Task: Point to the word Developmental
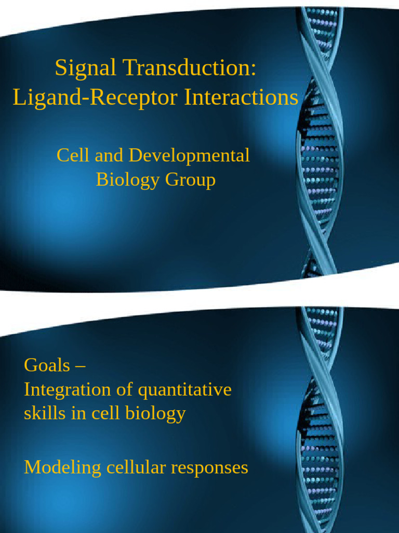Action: (x=189, y=155)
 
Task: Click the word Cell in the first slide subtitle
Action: (x=70, y=155)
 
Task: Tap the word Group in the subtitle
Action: (x=190, y=180)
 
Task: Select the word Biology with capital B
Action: (x=128, y=180)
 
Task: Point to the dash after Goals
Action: (x=80, y=365)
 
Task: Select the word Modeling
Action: (x=63, y=467)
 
